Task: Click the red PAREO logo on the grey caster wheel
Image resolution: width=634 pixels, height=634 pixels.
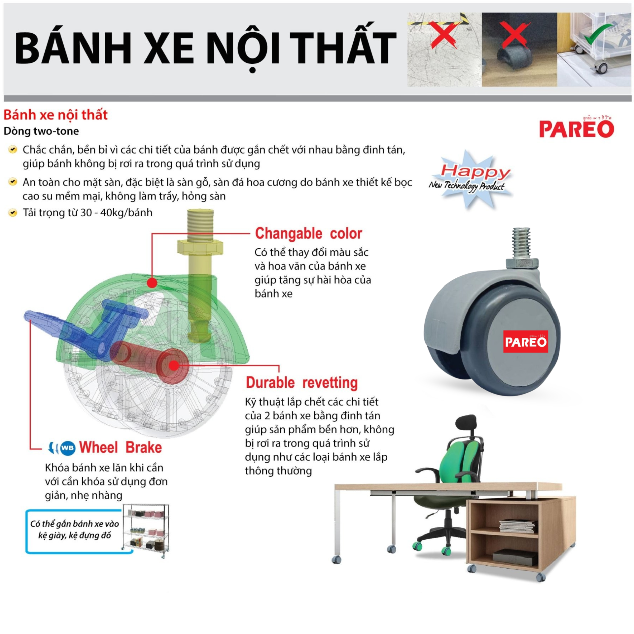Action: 525,341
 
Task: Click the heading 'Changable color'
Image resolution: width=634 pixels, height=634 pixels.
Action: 308,233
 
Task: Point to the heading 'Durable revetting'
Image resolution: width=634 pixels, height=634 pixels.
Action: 302,383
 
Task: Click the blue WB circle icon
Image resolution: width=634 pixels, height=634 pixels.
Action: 68,448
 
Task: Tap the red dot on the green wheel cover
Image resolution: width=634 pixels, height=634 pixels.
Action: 152,283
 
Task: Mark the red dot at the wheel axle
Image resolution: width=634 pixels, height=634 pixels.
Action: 174,365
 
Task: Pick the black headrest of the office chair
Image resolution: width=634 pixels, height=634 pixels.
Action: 466,426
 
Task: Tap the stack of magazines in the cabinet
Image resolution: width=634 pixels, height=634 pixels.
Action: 518,526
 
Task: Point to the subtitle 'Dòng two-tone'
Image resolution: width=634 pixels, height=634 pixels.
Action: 41,131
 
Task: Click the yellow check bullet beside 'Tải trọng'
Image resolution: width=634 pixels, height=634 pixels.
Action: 13,213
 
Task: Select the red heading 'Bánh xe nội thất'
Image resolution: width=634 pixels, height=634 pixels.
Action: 55,115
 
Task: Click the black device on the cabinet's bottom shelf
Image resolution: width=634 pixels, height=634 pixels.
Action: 515,558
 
